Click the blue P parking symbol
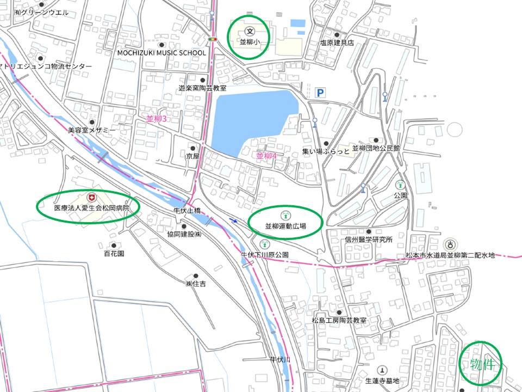(x=320, y=93)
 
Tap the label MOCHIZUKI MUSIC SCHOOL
(x=162, y=53)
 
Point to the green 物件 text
(x=482, y=364)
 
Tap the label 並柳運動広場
(x=285, y=225)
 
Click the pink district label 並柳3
(x=156, y=118)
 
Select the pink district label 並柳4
(x=266, y=156)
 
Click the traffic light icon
(x=212, y=39)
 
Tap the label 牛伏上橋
(x=187, y=211)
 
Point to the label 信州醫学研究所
(x=368, y=240)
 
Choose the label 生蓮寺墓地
(x=382, y=381)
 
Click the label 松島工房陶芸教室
(x=339, y=321)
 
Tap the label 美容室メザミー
(x=92, y=130)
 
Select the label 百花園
(x=114, y=253)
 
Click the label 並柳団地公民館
(x=376, y=148)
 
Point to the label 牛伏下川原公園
(x=265, y=254)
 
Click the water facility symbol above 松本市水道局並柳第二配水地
(x=450, y=244)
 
